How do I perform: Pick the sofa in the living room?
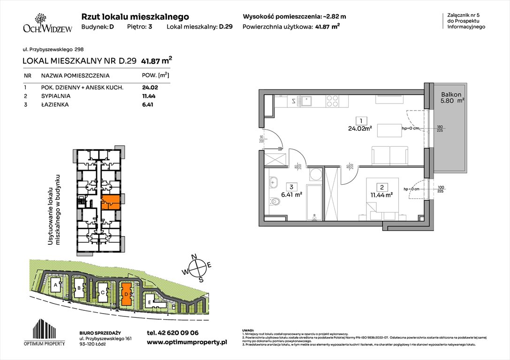[x=389, y=155]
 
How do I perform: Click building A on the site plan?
[x=55, y=285]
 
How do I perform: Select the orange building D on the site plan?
[x=126, y=294]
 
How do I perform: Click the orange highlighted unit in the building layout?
[x=111, y=202]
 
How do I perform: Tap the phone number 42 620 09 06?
[x=173, y=333]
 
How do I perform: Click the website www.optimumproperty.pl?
[x=187, y=343]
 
